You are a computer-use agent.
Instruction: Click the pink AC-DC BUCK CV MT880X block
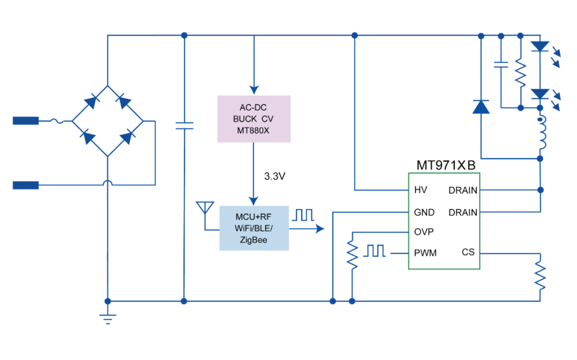[x=254, y=119]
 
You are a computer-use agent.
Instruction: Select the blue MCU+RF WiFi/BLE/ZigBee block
[x=254, y=228]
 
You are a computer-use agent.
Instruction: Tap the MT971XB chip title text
[x=446, y=166]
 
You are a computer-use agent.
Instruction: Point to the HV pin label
[x=420, y=190]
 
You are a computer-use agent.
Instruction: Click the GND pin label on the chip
[x=424, y=212]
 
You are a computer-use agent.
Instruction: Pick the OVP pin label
[x=424, y=232]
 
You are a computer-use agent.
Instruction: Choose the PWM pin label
[x=425, y=253]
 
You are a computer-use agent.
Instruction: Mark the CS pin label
[x=468, y=252]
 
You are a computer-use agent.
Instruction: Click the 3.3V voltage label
[x=275, y=176]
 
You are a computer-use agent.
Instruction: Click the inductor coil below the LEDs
[x=541, y=133]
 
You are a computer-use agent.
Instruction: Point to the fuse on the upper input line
[x=56, y=121]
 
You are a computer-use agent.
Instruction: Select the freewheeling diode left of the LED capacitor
[x=481, y=107]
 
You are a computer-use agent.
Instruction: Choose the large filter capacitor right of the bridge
[x=184, y=126]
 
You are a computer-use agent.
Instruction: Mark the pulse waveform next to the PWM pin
[x=375, y=251]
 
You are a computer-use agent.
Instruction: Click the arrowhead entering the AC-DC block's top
[x=254, y=89]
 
